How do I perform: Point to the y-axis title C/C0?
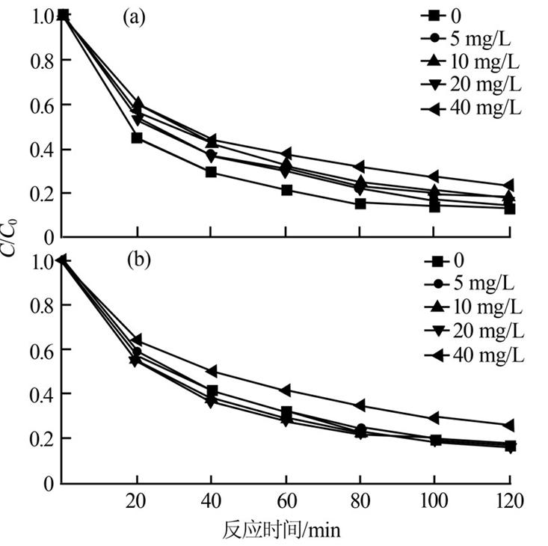coord(11,239)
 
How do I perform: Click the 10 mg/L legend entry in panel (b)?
coord(478,307)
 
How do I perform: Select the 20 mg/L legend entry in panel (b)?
coord(478,331)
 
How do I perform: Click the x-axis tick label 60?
coord(285,500)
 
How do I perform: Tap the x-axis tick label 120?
coord(508,500)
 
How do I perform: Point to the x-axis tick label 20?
coord(137,500)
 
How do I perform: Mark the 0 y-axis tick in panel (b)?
coord(47,482)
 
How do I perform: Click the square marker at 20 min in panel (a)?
coord(137,138)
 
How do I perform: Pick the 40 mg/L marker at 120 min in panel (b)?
coord(509,425)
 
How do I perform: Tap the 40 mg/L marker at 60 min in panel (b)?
coord(285,390)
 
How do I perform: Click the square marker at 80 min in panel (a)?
coord(360,203)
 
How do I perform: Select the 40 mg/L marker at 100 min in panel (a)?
coord(434,177)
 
